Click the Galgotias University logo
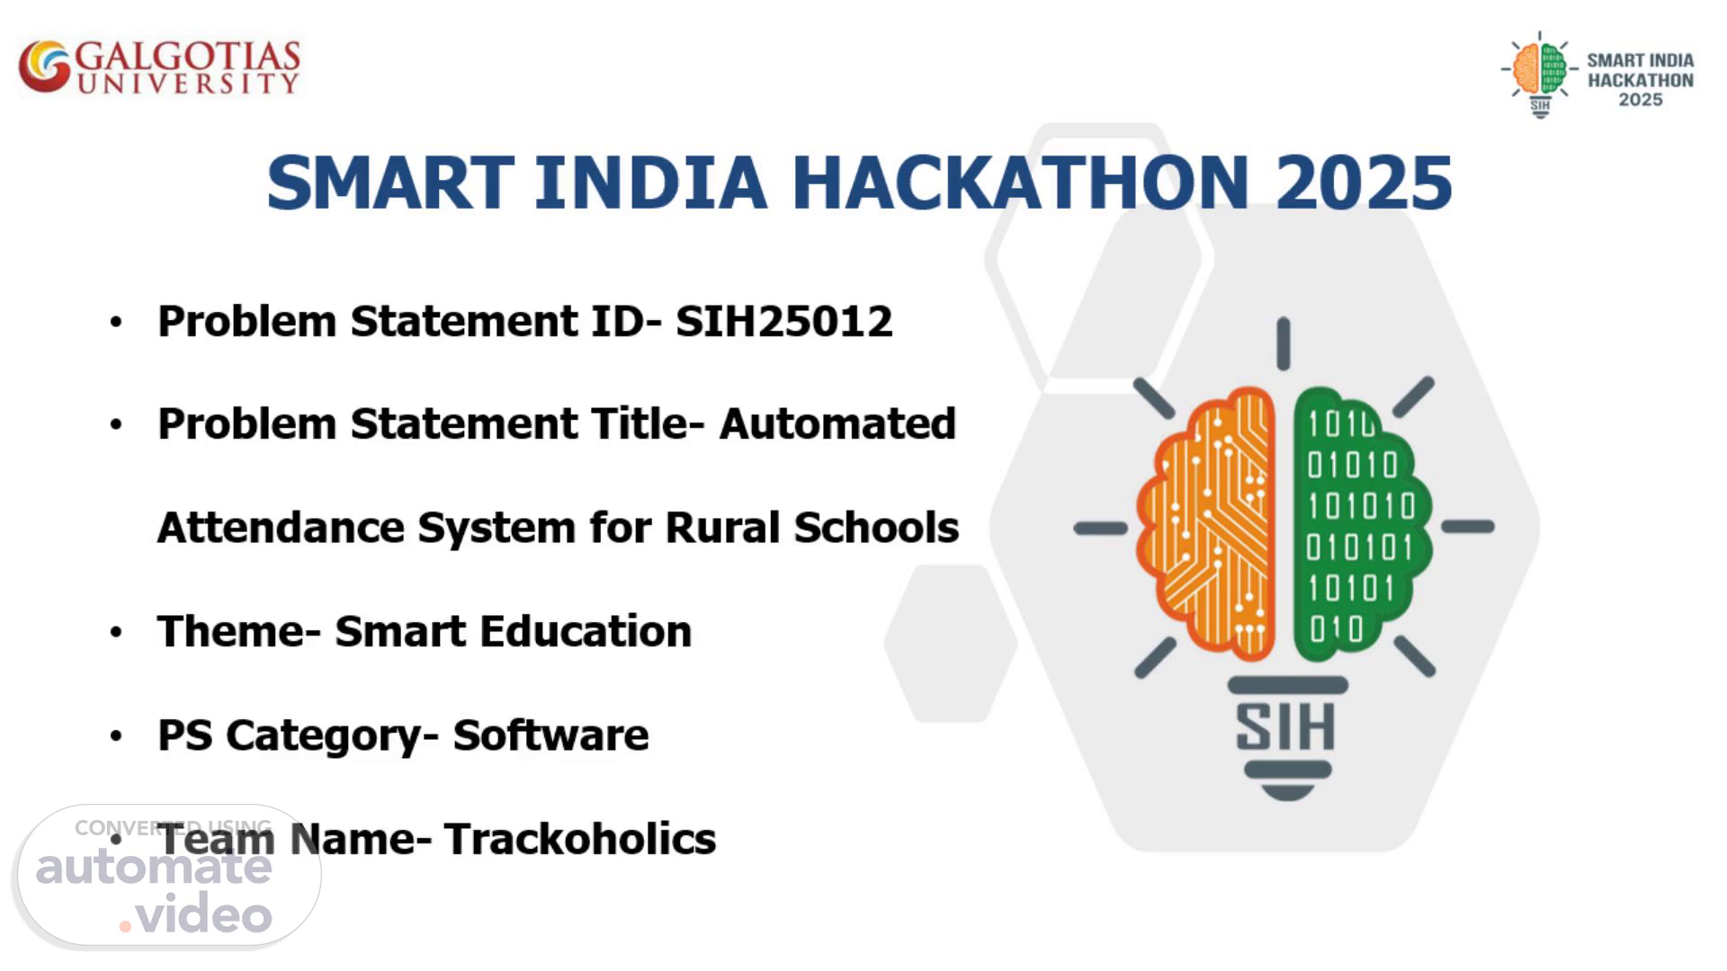click(x=159, y=67)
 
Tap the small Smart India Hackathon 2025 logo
click(x=1597, y=76)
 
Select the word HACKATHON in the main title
click(x=1020, y=183)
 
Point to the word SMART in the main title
click(x=390, y=183)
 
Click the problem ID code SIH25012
click(x=784, y=321)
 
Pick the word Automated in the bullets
click(x=837, y=423)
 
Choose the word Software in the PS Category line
click(x=550, y=735)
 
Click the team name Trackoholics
click(x=580, y=839)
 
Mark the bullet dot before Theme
click(x=116, y=632)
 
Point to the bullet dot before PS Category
click(x=116, y=736)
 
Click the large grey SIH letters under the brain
click(x=1285, y=727)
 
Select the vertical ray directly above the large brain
click(x=1284, y=343)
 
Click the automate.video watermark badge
click(x=169, y=877)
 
